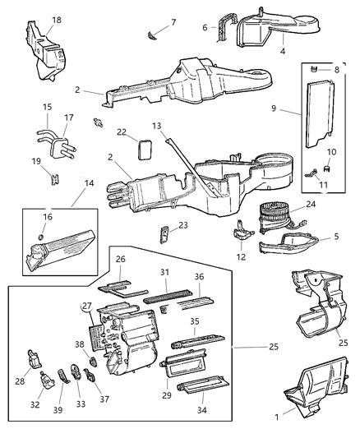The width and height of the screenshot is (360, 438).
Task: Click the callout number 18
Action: click(56, 19)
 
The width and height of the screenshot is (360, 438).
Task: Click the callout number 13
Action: click(156, 127)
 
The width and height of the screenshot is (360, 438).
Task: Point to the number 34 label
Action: click(202, 408)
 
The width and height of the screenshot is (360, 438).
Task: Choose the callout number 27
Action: click(85, 306)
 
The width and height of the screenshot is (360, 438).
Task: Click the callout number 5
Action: click(335, 238)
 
